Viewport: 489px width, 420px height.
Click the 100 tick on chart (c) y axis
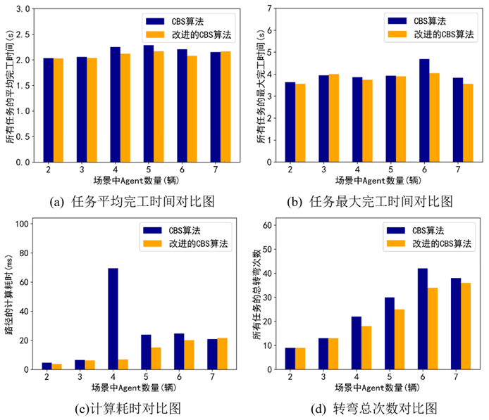click(20, 224)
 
